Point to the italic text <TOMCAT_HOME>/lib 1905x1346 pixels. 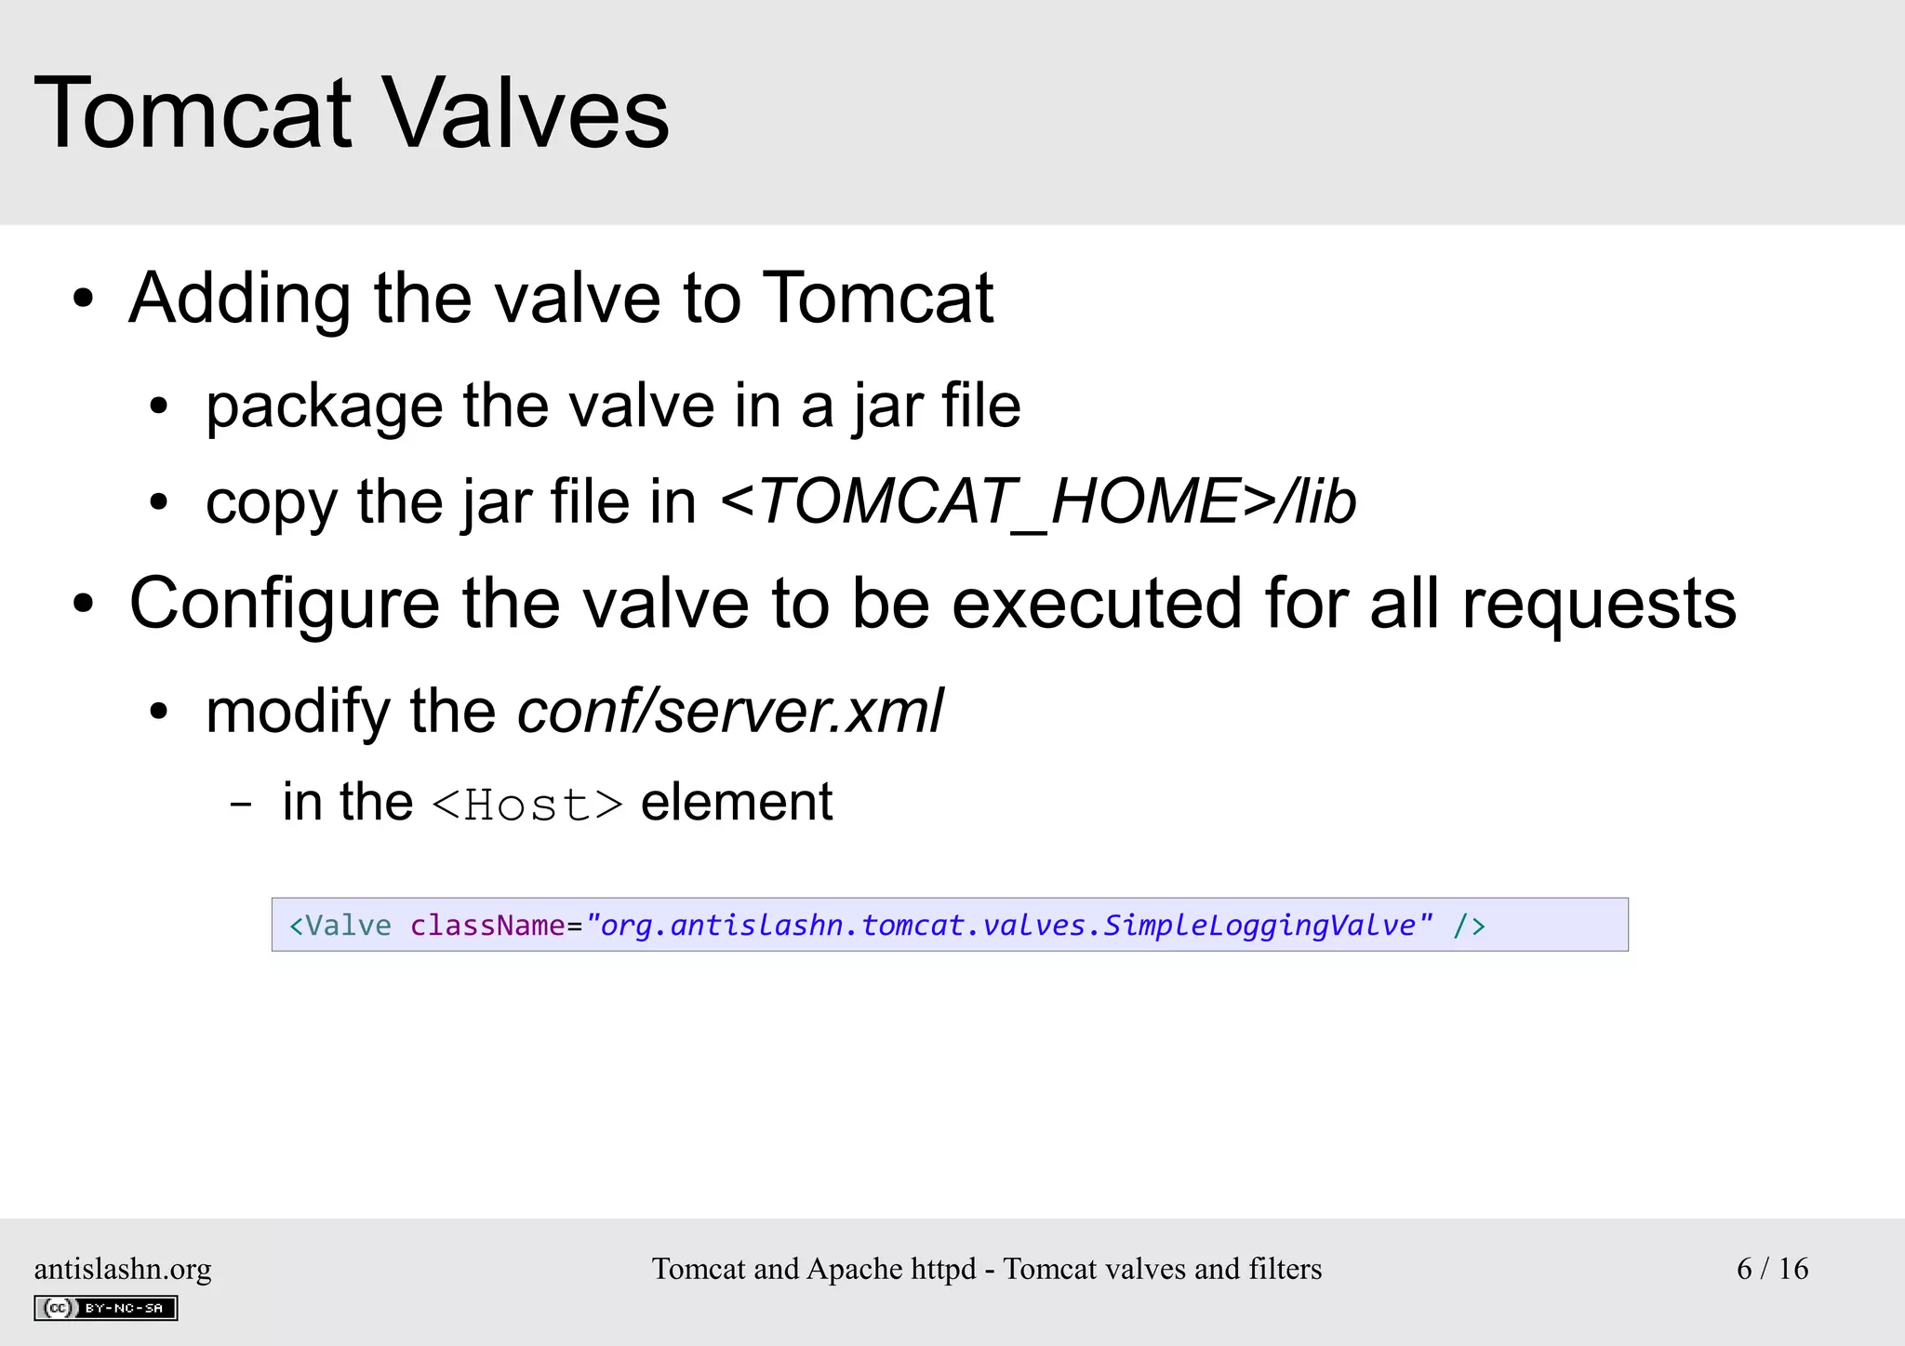tap(1038, 502)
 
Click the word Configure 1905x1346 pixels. tap(284, 604)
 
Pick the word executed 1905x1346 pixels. tap(1097, 604)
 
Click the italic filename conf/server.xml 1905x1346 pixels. tap(730, 712)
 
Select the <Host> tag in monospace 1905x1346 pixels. tap(527, 805)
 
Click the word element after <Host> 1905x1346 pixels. tap(737, 802)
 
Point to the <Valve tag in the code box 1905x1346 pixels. tap(340, 926)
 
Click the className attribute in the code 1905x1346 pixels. tap(487, 926)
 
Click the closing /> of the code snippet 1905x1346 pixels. tap(1469, 926)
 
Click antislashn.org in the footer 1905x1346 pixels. tap(123, 1269)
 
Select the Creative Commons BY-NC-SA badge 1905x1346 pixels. tap(106, 1308)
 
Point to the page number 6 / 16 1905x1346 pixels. tap(1772, 1269)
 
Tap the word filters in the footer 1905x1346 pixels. tap(1285, 1269)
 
